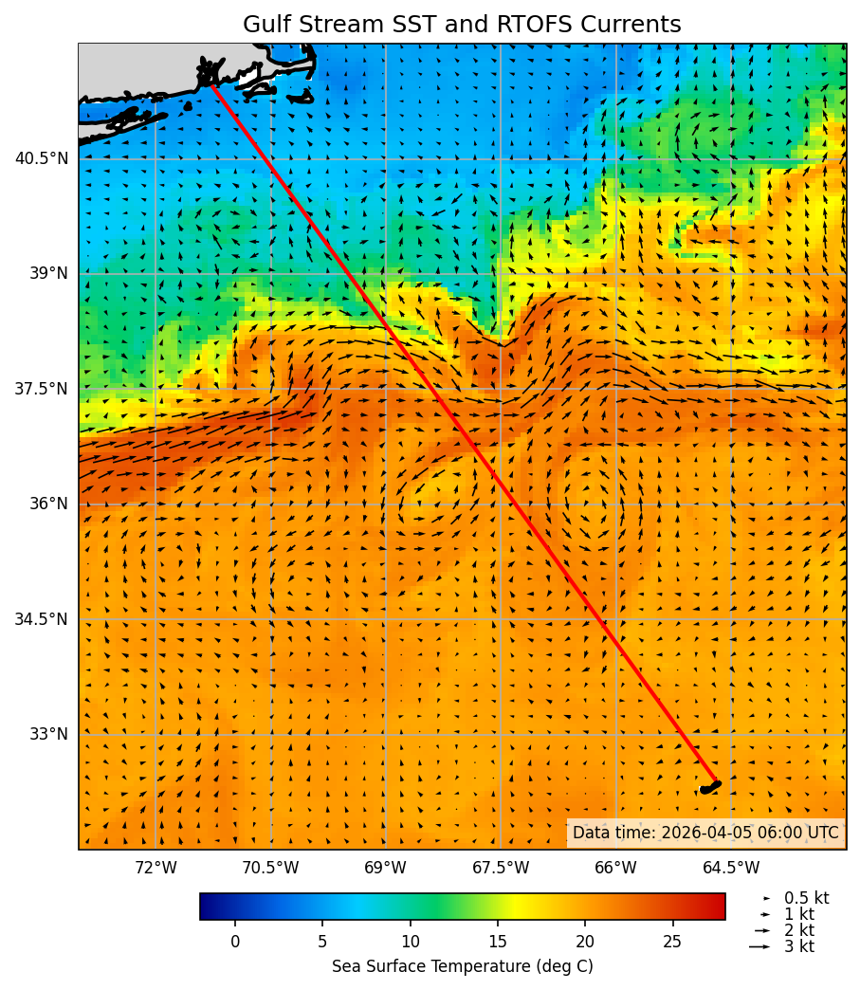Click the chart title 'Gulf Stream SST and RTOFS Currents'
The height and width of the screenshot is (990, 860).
tap(462, 25)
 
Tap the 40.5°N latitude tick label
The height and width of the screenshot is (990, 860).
tap(42, 158)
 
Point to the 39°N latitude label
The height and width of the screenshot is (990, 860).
tap(47, 273)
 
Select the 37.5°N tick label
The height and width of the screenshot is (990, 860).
tap(42, 389)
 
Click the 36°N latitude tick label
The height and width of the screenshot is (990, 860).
tap(47, 504)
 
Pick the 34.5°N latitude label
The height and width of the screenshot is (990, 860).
tap(42, 619)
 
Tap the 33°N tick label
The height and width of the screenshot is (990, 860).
tap(47, 734)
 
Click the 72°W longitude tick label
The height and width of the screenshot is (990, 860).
tap(156, 868)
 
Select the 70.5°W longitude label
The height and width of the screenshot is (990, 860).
tap(270, 868)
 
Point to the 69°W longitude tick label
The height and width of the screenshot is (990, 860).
tap(385, 868)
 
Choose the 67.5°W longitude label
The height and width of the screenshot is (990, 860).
tap(501, 868)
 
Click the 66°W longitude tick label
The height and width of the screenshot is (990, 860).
tap(615, 868)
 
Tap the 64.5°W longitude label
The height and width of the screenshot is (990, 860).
tap(731, 868)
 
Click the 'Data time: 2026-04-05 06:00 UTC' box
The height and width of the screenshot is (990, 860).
tap(705, 833)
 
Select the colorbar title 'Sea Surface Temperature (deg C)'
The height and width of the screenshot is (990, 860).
tap(462, 966)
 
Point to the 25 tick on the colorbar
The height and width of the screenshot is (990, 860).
tap(672, 942)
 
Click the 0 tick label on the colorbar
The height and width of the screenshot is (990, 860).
tap(235, 942)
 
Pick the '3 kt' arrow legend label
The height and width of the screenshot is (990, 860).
tap(798, 946)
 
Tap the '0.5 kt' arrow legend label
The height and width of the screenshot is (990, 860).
tap(806, 898)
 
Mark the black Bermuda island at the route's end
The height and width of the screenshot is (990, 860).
tap(710, 787)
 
